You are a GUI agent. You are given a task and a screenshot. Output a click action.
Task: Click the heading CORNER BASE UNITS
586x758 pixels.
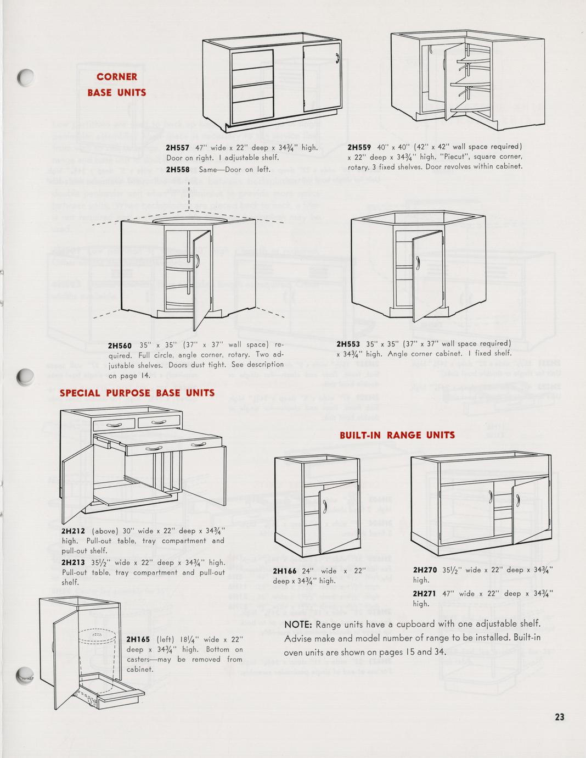pos(116,85)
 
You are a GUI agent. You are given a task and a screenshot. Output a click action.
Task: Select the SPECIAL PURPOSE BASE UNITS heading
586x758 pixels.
pos(137,393)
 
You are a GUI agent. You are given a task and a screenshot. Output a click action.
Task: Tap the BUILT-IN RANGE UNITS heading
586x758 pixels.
pos(397,435)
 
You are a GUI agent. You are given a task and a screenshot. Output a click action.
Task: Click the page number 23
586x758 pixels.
pos(559,716)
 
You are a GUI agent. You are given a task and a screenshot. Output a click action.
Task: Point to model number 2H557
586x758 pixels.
pos(177,147)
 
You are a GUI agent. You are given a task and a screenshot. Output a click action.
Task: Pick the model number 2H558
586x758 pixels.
pos(177,170)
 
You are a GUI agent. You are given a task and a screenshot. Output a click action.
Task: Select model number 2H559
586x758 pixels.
pos(360,147)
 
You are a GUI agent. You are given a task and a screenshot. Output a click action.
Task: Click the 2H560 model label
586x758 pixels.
pos(120,345)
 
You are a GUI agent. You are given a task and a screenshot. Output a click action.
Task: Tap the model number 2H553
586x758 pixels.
pos(348,344)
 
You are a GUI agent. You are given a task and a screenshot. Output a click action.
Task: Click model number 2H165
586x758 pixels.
pos(138,639)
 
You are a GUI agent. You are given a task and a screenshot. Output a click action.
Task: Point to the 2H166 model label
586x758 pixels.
pos(285,571)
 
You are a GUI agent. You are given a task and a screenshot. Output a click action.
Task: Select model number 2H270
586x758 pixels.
pos(425,570)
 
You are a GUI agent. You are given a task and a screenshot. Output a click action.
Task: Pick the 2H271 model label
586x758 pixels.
pos(425,593)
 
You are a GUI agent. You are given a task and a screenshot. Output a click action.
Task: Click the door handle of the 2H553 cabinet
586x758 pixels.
pos(418,264)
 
